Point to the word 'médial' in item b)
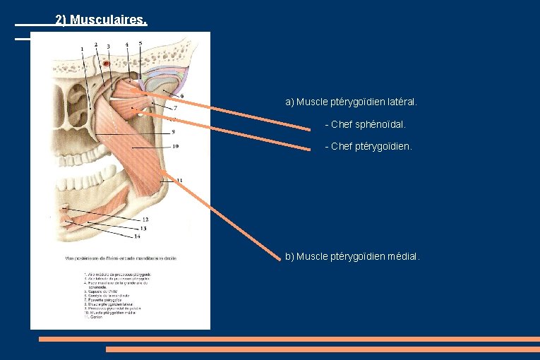pos(403,256)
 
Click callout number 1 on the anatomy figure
pos(83,49)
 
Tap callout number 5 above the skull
pos(140,43)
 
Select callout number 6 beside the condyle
pos(182,96)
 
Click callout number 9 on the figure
pos(173,131)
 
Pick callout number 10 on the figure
pos(174,147)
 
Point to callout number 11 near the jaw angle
pos(179,181)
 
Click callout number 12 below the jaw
pos(144,220)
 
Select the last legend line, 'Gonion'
pos(95,318)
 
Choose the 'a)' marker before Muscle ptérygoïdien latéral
pos(289,102)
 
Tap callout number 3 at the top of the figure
pos(108,47)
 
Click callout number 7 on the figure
pos(175,108)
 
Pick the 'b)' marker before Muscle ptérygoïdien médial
pos(289,256)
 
